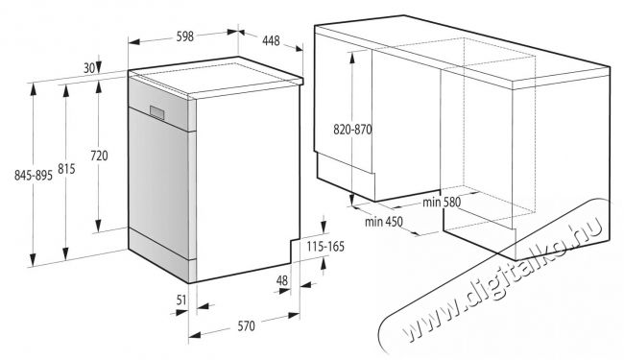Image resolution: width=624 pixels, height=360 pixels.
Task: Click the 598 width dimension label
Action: [185, 36]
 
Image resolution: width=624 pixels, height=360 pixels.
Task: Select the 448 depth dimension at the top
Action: [271, 40]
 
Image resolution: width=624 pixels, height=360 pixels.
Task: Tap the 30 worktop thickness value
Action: [89, 68]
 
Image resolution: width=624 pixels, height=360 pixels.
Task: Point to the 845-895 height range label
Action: [34, 175]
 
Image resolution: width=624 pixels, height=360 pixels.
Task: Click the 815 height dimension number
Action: [66, 169]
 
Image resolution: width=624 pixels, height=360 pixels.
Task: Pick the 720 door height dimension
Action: [99, 156]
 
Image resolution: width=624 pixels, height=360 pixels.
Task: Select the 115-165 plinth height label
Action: [325, 247]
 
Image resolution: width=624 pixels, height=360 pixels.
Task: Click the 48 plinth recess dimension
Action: [281, 281]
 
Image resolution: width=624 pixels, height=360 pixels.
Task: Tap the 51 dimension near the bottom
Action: [181, 300]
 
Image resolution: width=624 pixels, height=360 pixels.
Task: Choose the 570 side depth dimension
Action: [247, 326]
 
